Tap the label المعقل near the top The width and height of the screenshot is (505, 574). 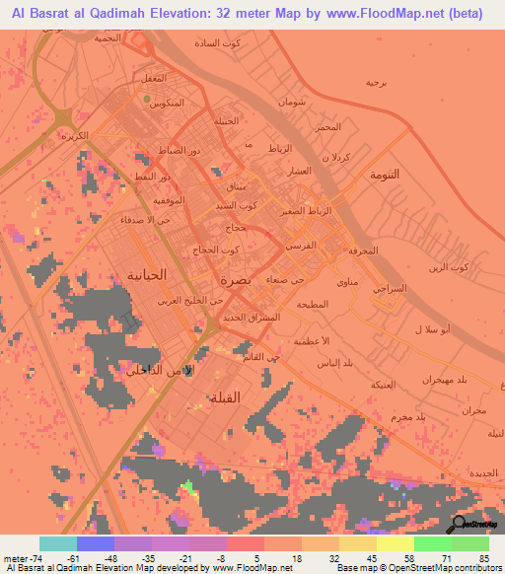click(x=151, y=77)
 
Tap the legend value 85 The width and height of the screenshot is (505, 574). click(x=482, y=558)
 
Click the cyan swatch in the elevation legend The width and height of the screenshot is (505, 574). click(x=58, y=543)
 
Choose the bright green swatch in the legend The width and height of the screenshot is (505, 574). click(x=433, y=543)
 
